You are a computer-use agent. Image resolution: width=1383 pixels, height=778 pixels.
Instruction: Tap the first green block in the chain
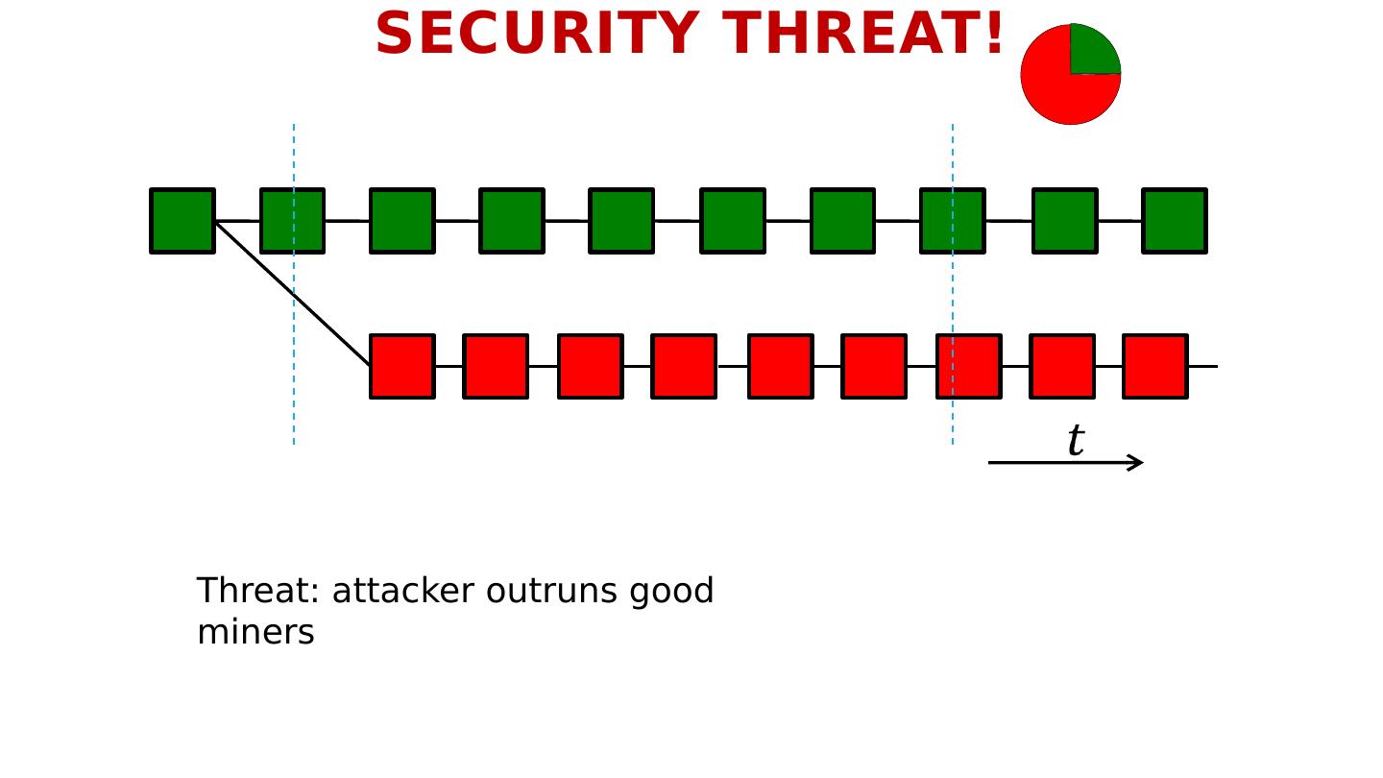(x=182, y=221)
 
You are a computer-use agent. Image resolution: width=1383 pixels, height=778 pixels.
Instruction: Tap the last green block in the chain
(x=1174, y=221)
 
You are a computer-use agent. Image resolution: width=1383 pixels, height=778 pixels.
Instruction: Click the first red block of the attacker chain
(x=402, y=366)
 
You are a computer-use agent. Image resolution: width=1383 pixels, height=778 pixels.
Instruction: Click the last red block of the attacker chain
(x=1154, y=366)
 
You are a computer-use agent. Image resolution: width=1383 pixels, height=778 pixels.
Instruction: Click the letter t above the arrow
(x=1076, y=441)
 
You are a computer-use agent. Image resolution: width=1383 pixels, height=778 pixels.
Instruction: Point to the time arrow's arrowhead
(x=1137, y=463)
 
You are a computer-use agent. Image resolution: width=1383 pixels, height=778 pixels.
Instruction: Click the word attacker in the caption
(x=402, y=592)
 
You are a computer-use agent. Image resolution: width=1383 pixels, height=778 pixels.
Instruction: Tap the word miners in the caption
(x=255, y=633)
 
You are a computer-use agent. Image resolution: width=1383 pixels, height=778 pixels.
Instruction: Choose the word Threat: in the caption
(x=258, y=592)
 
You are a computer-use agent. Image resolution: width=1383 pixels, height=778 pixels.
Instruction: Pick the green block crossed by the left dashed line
(x=293, y=221)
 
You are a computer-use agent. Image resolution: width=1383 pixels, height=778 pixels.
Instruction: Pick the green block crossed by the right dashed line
(x=953, y=221)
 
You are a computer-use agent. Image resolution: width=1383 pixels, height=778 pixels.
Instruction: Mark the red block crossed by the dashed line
(x=969, y=366)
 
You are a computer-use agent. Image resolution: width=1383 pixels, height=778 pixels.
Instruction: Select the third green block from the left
(x=402, y=221)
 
